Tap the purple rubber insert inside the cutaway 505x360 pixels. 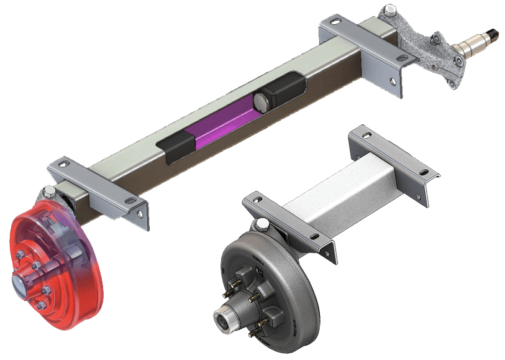tap(221, 128)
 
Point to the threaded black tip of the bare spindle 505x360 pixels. tap(494, 33)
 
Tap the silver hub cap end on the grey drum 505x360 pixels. tap(224, 321)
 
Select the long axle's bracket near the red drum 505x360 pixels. tap(99, 190)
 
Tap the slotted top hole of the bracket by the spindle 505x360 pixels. tap(334, 23)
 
